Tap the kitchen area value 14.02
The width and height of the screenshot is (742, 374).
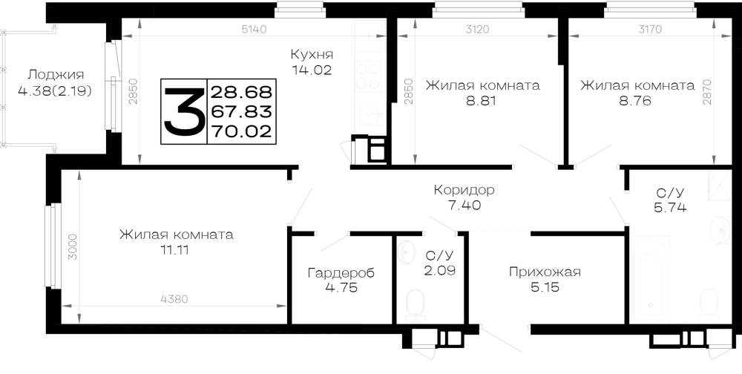coord(312,70)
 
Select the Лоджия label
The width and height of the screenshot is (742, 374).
coord(56,75)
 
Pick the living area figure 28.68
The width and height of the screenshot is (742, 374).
coord(241,91)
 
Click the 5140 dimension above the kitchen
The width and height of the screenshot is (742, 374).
coord(254,30)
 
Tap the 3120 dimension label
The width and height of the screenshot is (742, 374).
coord(477,30)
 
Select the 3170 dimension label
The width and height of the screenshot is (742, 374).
coord(650,30)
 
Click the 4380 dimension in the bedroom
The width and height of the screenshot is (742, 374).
coord(174,299)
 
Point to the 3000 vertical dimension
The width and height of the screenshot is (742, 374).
coord(72,247)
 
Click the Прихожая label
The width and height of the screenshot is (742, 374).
coord(545,272)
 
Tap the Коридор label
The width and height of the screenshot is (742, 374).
coord(464,190)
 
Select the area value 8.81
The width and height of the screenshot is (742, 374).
coord(483,101)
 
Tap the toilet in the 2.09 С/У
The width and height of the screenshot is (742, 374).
coord(416,303)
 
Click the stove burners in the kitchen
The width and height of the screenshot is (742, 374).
coord(369,76)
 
